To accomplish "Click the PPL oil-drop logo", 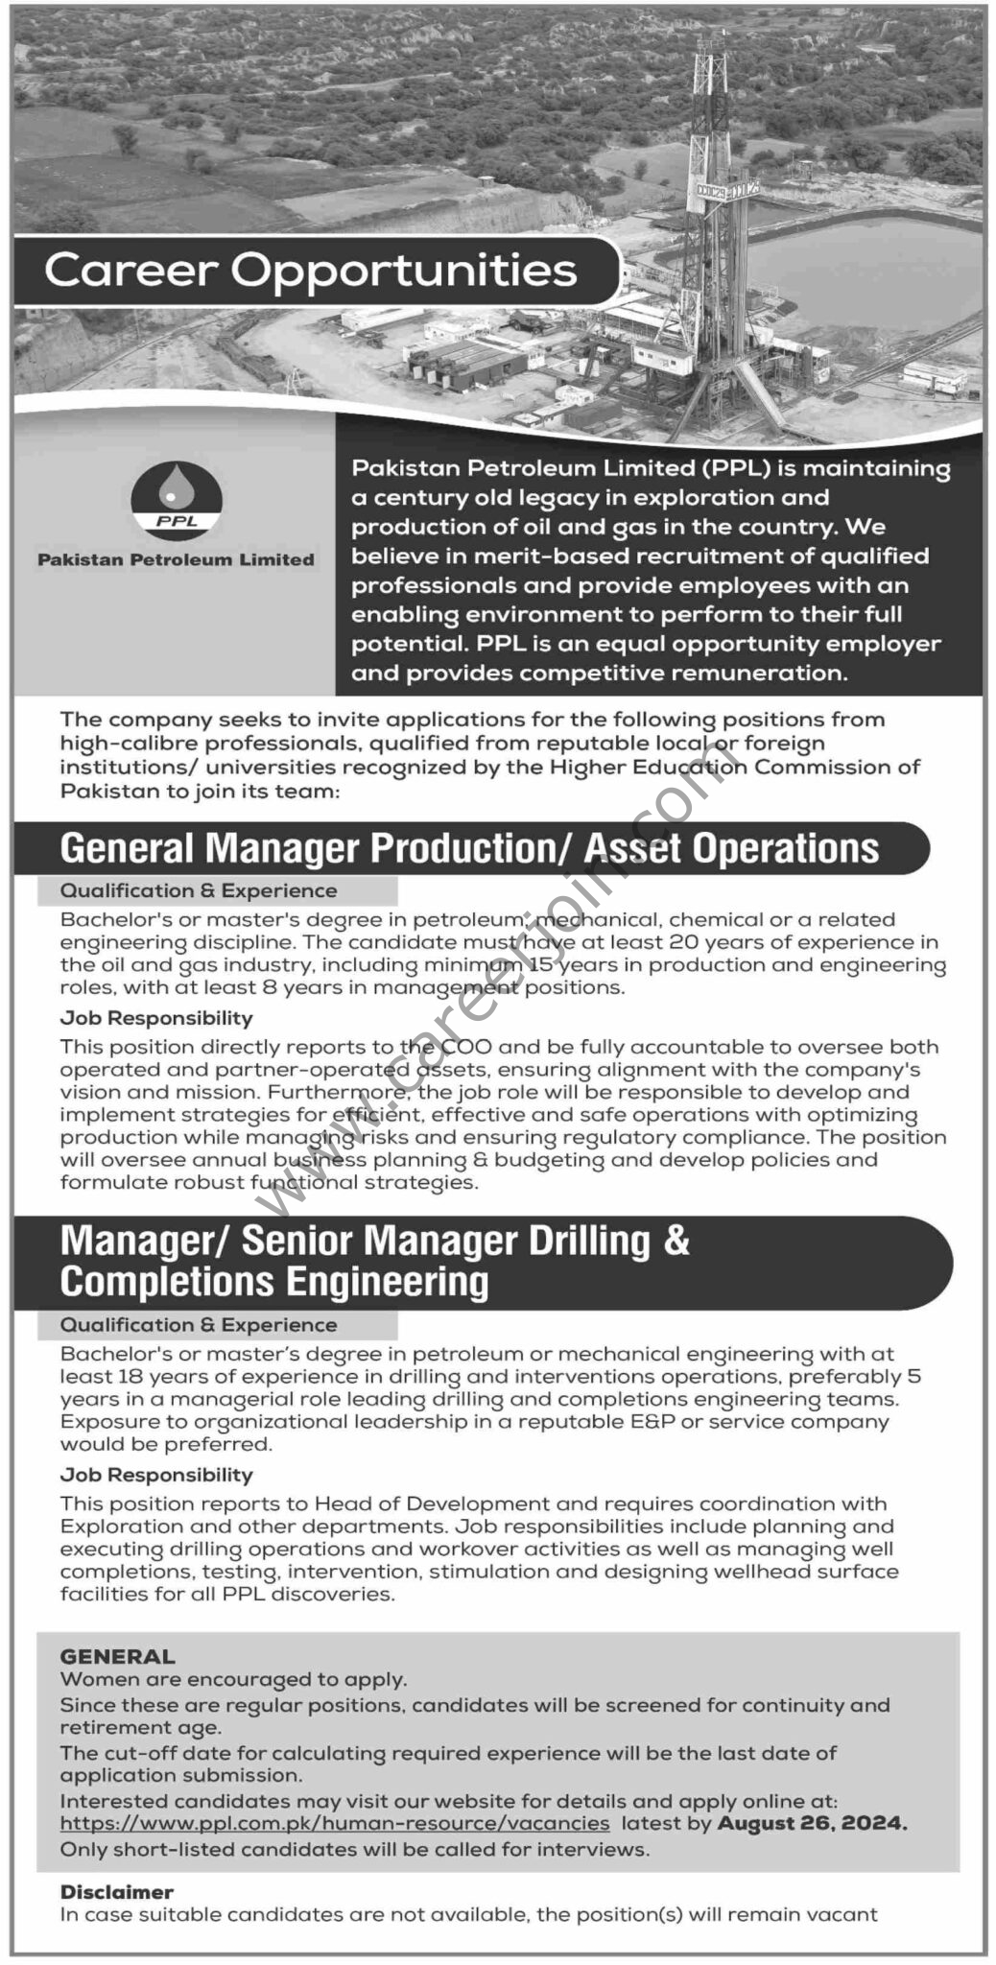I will click(x=176, y=499).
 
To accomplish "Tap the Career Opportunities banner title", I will click(x=311, y=271).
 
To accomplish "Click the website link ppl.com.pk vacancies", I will click(x=335, y=1822).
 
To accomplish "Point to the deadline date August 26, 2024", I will click(x=812, y=1822).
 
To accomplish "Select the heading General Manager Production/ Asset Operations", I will click(x=469, y=848).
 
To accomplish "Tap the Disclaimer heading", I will click(x=117, y=1891).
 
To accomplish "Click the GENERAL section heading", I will click(x=118, y=1656).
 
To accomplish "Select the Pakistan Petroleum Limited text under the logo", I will click(x=176, y=559).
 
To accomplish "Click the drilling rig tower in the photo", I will click(x=711, y=192).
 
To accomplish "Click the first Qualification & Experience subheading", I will click(x=199, y=890).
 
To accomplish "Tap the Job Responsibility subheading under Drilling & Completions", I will click(x=156, y=1474).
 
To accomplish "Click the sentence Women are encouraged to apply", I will click(x=233, y=1679).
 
